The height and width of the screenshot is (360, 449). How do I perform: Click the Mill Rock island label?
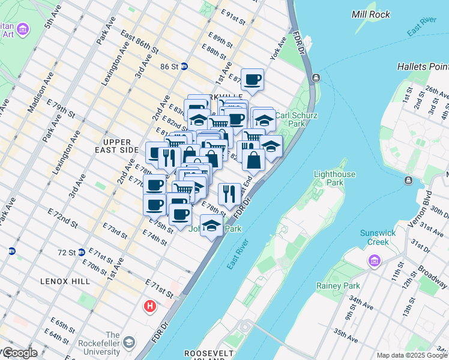click(371, 14)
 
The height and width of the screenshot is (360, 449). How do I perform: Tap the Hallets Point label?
click(423, 66)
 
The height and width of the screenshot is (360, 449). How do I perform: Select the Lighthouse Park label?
click(336, 179)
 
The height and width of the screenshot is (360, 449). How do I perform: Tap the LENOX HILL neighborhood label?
click(65, 281)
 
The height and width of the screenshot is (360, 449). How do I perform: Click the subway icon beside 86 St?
click(184, 67)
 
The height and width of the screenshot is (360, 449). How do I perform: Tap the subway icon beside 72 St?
click(81, 253)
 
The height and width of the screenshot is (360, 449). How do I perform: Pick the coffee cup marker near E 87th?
click(253, 79)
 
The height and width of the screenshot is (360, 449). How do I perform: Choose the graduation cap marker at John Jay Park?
click(211, 226)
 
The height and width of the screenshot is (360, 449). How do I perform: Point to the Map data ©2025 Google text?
click(412, 355)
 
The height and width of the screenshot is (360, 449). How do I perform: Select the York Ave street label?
click(279, 51)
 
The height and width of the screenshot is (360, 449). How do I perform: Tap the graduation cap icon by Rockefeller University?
click(128, 343)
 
